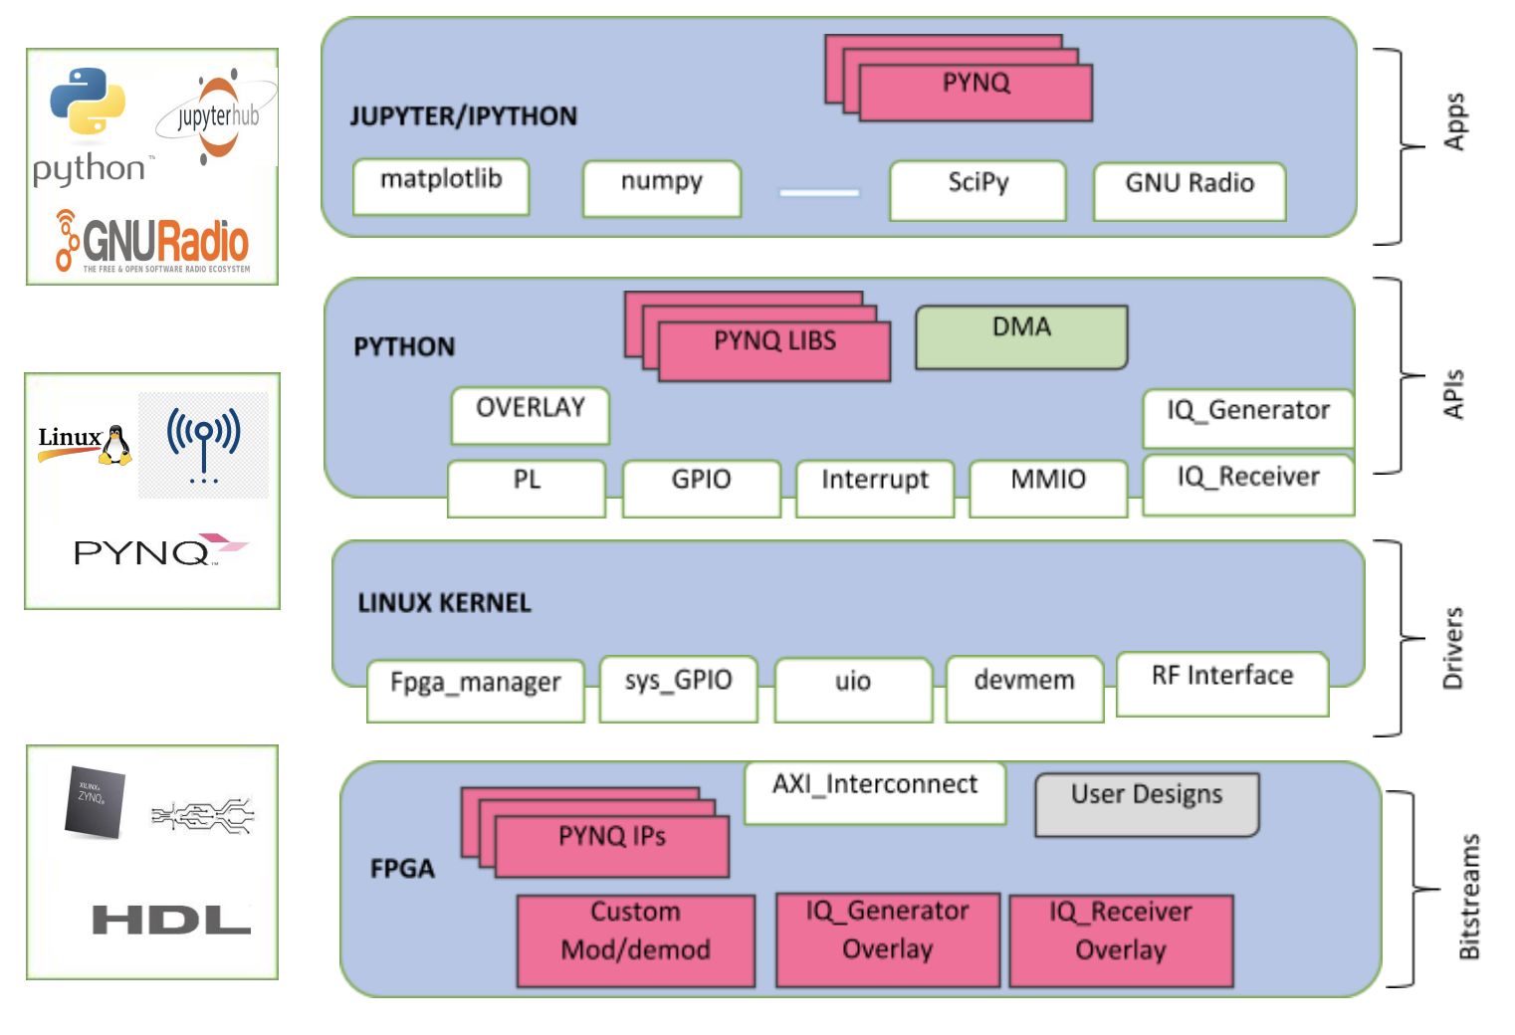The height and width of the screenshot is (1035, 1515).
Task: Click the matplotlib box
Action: coord(440,186)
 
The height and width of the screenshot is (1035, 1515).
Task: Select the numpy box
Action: coord(661,188)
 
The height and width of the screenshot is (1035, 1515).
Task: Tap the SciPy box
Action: coord(977,189)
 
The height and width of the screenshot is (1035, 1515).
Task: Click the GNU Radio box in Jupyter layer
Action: coord(1189,191)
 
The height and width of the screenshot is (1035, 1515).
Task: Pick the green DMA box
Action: coord(1021,337)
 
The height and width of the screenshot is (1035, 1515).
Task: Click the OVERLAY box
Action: coord(530,415)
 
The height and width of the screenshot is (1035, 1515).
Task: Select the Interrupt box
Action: coord(874,488)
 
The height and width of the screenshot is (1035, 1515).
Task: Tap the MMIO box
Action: coord(1047,488)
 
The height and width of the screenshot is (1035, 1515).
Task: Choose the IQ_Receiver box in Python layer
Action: coord(1248,485)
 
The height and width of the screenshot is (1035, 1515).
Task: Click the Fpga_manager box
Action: coord(475,691)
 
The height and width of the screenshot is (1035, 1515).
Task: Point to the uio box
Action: coord(852,689)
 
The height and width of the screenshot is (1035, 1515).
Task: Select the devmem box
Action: coord(1024,688)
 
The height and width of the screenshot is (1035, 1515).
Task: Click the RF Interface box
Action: coord(1222,684)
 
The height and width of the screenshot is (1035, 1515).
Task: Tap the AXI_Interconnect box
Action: coord(874,793)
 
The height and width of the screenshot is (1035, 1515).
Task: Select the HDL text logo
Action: coord(170,920)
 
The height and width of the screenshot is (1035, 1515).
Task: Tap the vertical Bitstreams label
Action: coord(1468,896)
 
